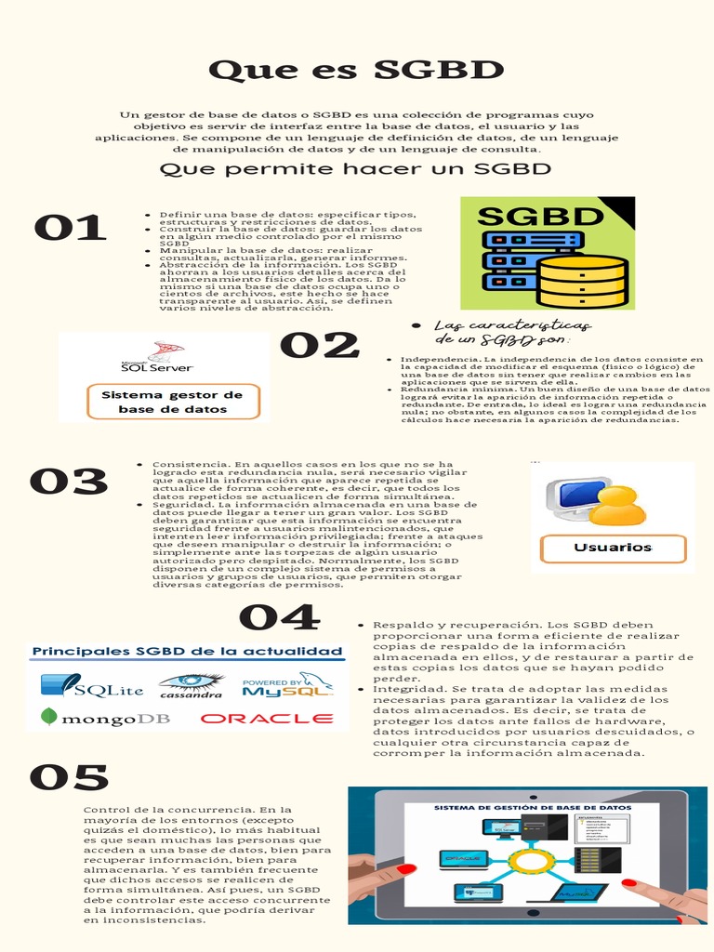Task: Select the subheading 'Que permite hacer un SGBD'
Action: pos(356,168)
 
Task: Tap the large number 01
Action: pos(70,228)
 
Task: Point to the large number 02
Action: pos(320,346)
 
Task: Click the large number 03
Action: pos(69,482)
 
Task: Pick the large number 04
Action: pos(279,617)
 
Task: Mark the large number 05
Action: pos(69,778)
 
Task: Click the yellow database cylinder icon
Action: pos(583,280)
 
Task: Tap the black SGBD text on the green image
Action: pos(540,217)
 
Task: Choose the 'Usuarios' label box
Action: pos(613,548)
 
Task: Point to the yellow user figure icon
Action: pos(617,506)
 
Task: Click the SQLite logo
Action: pos(92,687)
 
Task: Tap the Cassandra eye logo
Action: pos(191,686)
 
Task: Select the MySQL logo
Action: pos(287,686)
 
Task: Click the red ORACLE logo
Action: pos(267,718)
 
